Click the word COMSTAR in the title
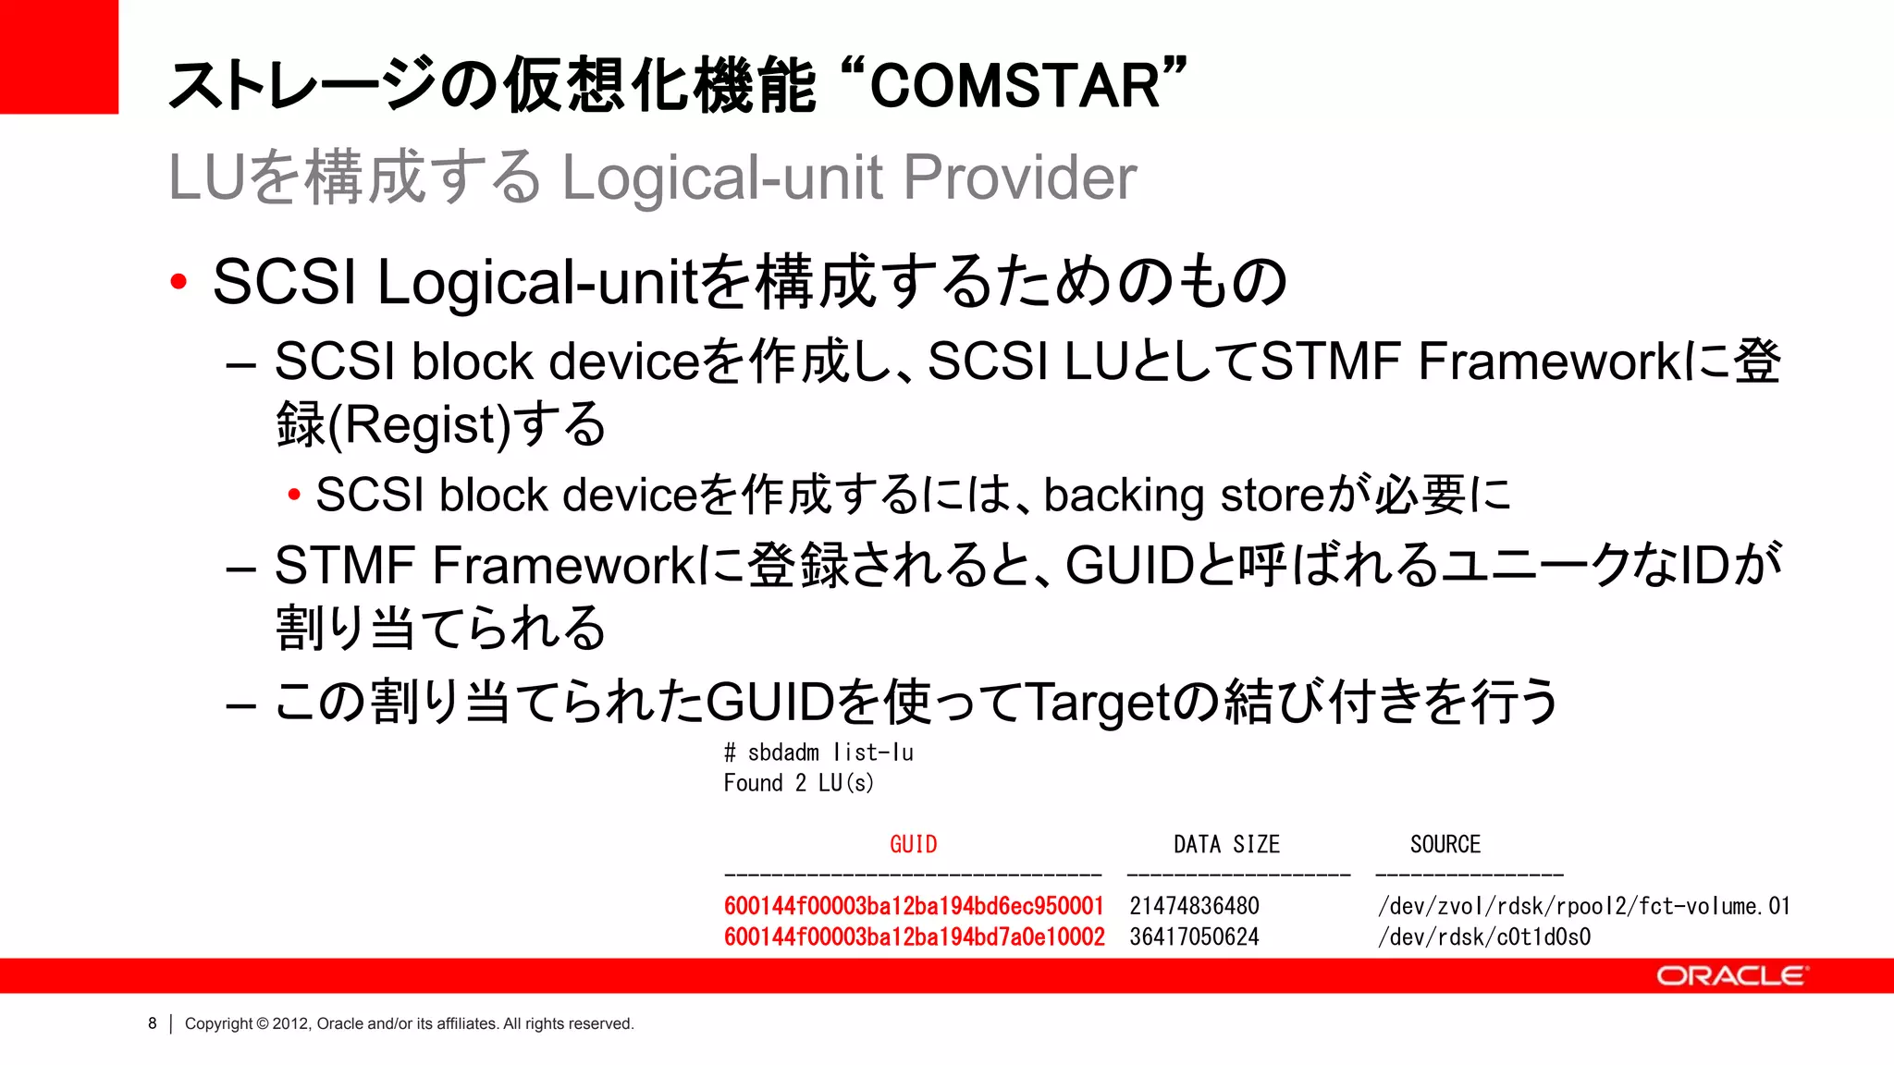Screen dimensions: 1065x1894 pyautogui.click(x=1015, y=86)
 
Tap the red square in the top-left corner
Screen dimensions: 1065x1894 pyautogui.click(x=59, y=56)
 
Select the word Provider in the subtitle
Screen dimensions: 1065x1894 pyautogui.click(x=1019, y=177)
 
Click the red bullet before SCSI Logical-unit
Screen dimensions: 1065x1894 pyautogui.click(x=179, y=281)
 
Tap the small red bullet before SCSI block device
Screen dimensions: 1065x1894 pyautogui.click(x=294, y=495)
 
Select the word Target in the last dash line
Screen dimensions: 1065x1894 pyautogui.click(x=1098, y=702)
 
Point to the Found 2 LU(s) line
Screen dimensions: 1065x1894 pyautogui.click(x=798, y=783)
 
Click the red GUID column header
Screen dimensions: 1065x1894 pyautogui.click(x=913, y=844)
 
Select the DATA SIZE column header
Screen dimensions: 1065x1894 pyautogui.click(x=1226, y=844)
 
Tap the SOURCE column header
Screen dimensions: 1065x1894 pyautogui.click(x=1445, y=844)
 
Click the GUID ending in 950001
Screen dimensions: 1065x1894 pyautogui.click(x=914, y=906)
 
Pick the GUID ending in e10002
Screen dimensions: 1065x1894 pyautogui.click(x=914, y=936)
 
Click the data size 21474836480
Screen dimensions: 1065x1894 pyautogui.click(x=1194, y=906)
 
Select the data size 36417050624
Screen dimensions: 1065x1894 pyautogui.click(x=1194, y=936)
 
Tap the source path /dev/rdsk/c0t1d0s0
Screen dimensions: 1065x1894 pyautogui.click(x=1483, y=936)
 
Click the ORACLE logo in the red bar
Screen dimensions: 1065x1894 pyautogui.click(x=1730, y=976)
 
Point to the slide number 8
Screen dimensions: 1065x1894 pyautogui.click(x=153, y=1023)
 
